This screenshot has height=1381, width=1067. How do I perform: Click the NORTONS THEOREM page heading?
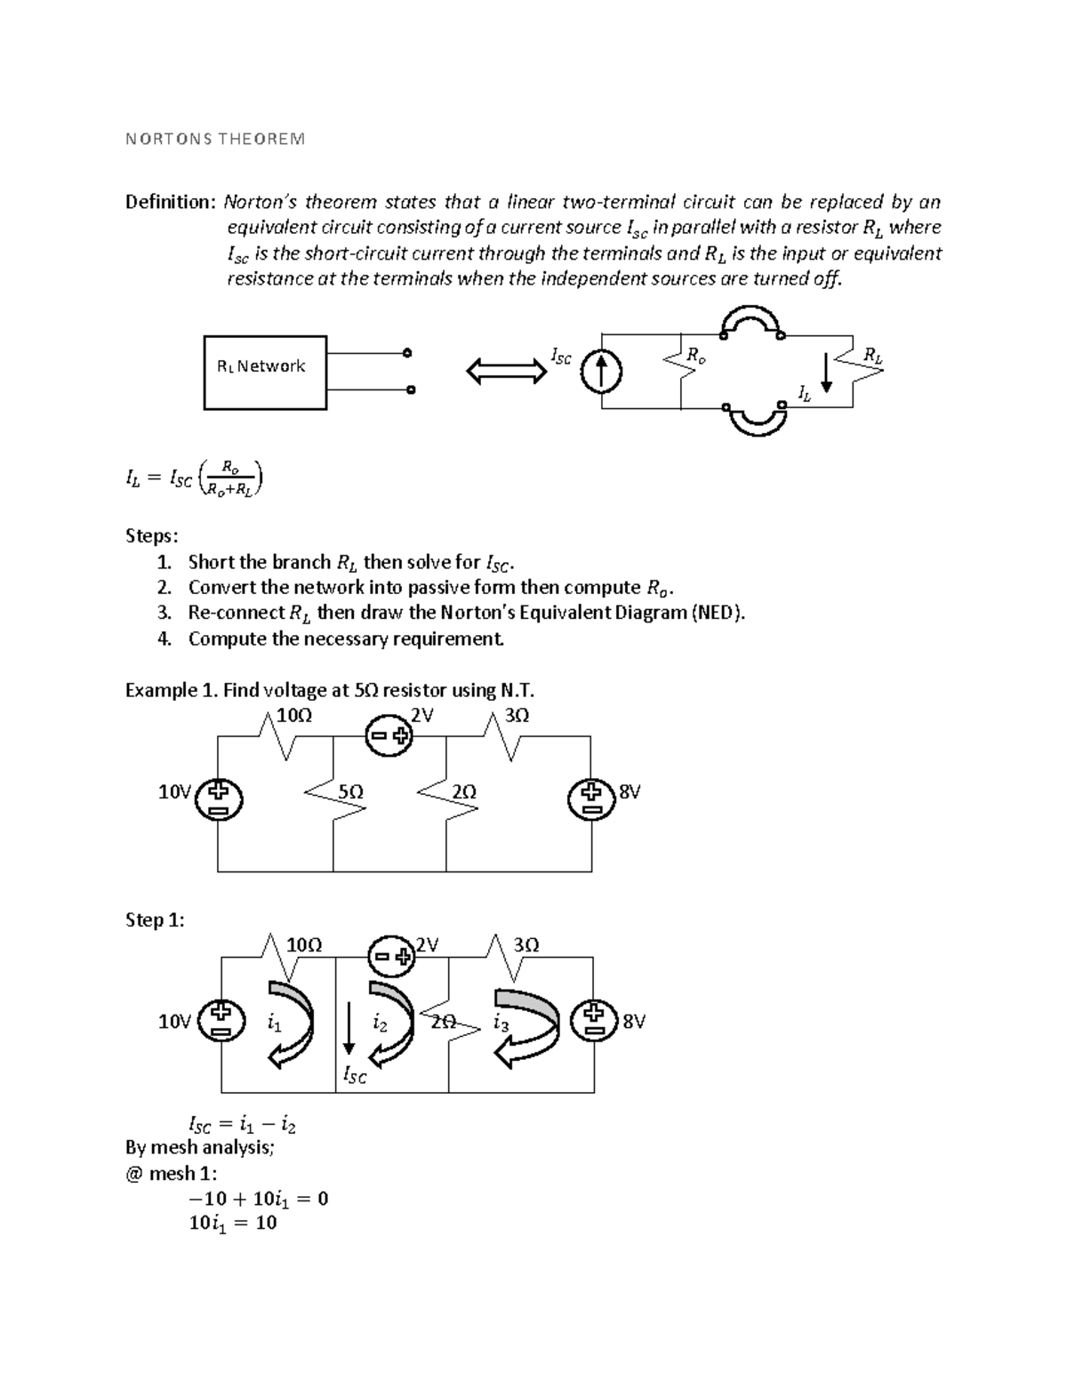[x=214, y=139]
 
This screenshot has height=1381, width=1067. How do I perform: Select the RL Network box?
[x=265, y=372]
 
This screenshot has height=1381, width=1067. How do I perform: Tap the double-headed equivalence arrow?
[x=507, y=371]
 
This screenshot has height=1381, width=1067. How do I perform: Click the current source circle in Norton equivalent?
[x=602, y=372]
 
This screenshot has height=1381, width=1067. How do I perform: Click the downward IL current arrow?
[x=827, y=372]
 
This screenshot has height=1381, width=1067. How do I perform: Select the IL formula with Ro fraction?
[x=195, y=479]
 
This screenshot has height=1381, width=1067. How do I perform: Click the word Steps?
[x=151, y=536]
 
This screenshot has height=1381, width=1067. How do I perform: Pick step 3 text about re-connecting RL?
[x=466, y=613]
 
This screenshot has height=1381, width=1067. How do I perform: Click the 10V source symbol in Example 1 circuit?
[x=219, y=799]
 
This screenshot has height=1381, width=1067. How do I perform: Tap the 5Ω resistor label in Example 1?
[x=351, y=791]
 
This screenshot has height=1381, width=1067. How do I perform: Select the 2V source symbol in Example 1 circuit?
[x=389, y=735]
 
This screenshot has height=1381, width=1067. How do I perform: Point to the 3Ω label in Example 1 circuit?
[x=517, y=715]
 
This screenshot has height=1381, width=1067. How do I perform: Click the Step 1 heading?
[x=155, y=920]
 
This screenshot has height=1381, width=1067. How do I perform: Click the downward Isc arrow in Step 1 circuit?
[x=350, y=1030]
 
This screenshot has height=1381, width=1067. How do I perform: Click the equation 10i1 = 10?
[x=233, y=1223]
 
